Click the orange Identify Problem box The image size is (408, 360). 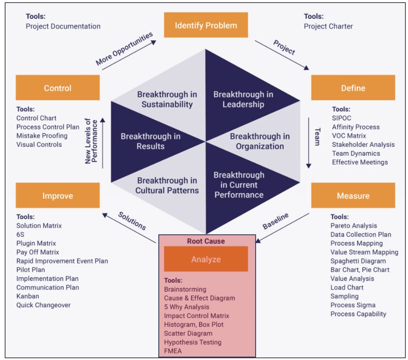click(206, 25)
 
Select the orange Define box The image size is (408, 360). click(353, 88)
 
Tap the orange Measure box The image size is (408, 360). click(353, 196)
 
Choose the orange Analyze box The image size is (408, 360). click(206, 259)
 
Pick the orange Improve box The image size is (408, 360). click(58, 196)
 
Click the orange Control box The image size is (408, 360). click(58, 88)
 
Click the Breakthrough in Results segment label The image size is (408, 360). click(150, 141)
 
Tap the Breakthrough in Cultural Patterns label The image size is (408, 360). click(168, 186)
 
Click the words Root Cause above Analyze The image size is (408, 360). click(206, 241)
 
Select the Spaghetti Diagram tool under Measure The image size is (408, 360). click(358, 261)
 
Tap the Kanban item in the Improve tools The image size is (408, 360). click(28, 296)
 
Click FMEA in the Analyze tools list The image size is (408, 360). click(173, 351)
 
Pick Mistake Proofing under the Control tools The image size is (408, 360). click(42, 136)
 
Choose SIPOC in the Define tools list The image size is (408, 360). click(342, 118)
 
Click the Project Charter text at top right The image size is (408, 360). click(328, 26)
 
